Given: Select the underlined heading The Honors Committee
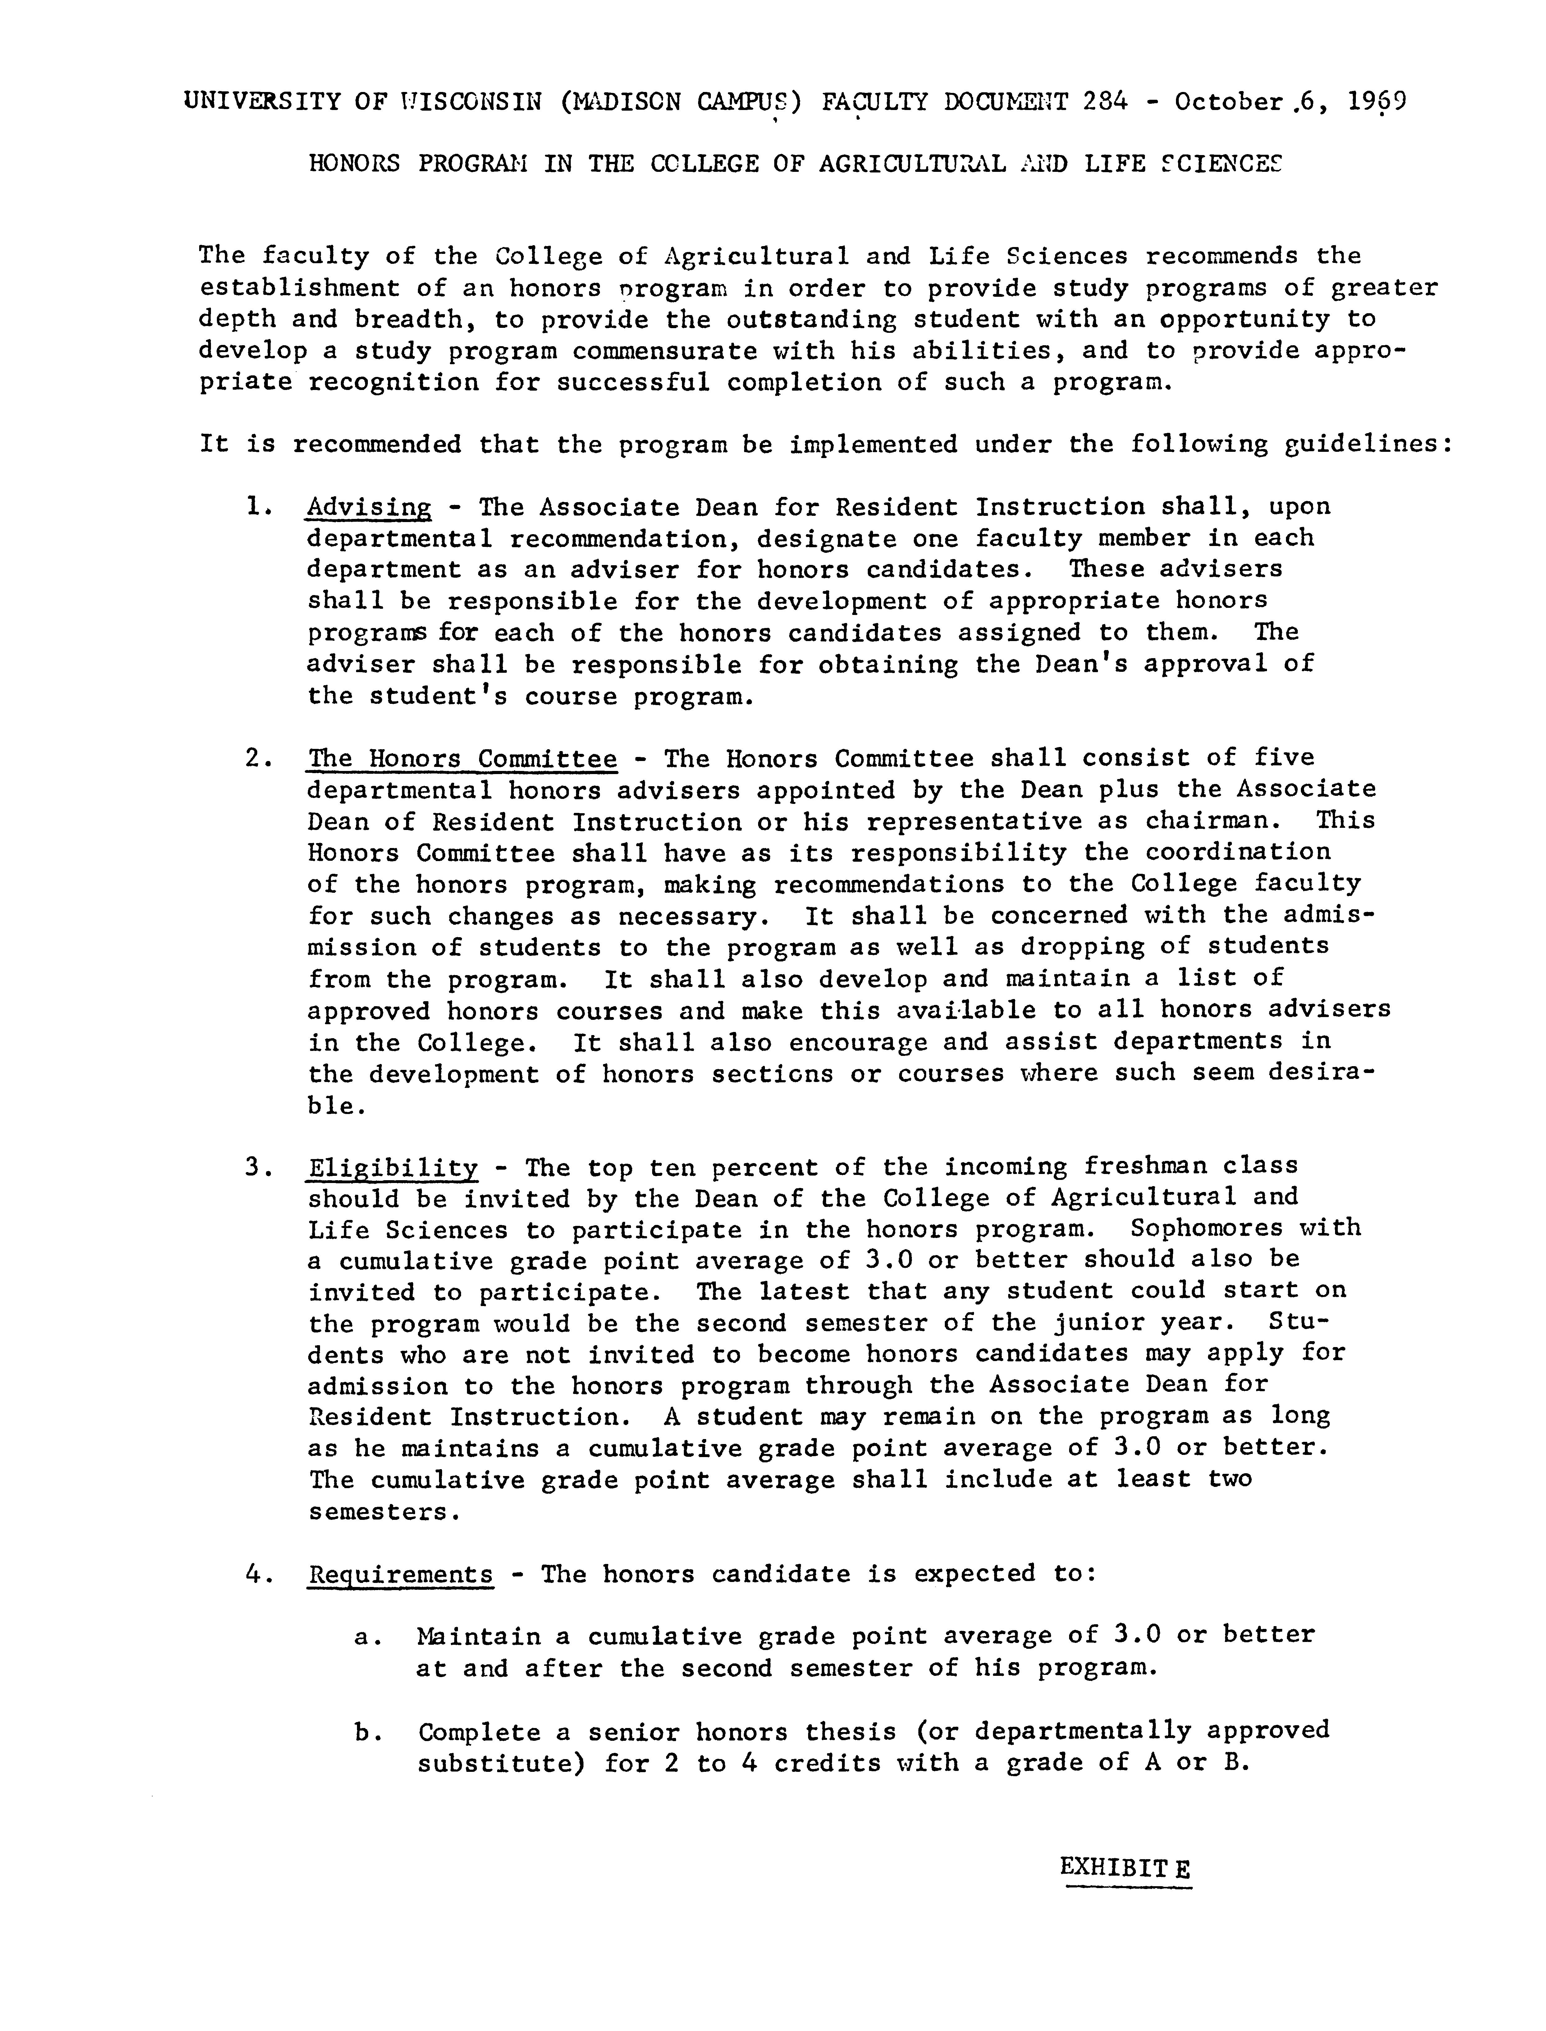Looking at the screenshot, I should pos(462,758).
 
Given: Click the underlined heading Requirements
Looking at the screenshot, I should pos(400,1574).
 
